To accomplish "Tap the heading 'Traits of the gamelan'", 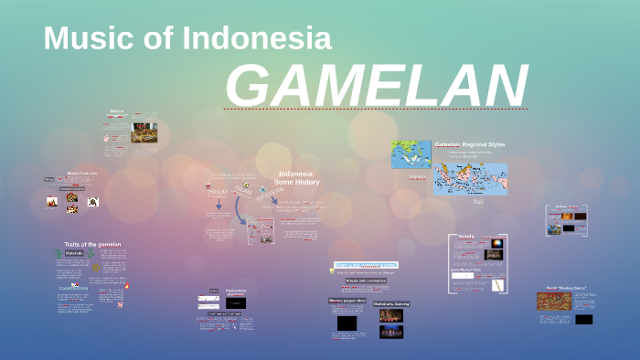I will (x=92, y=245).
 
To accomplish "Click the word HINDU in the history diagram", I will (x=217, y=192).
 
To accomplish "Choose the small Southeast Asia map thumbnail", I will (x=411, y=154).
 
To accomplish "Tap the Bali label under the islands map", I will (x=477, y=201).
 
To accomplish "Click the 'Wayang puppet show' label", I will (x=347, y=300).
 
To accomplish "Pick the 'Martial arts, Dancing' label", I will (x=390, y=303).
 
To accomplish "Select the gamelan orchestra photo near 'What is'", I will (x=144, y=132).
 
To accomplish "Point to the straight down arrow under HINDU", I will (x=219, y=205).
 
